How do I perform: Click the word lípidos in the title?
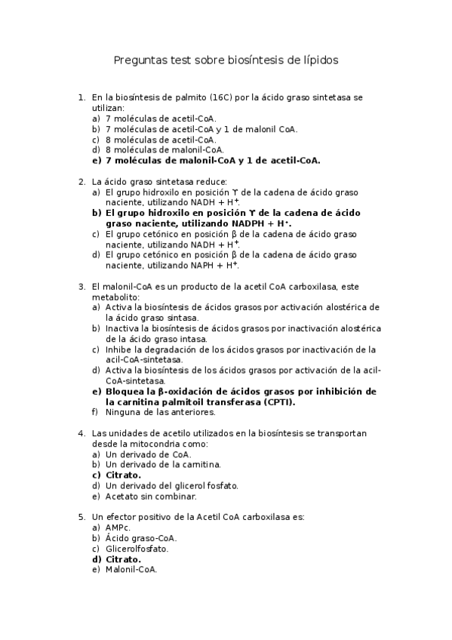tap(319, 60)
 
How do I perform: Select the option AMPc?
tap(118, 528)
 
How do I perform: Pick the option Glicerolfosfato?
tap(137, 549)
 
